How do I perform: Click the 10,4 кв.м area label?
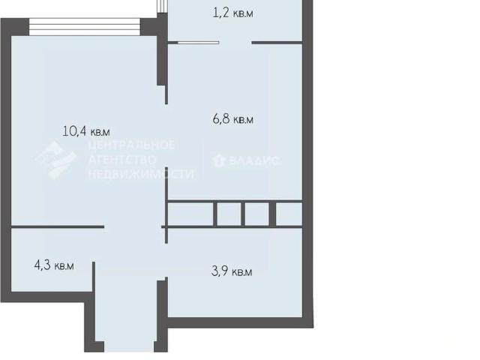point(86,132)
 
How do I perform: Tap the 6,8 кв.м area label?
point(233,119)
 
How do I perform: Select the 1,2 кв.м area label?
point(233,13)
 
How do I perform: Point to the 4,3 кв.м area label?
point(54,265)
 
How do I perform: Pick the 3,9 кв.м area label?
point(232,271)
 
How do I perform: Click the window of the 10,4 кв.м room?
point(85,27)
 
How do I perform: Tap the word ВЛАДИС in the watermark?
point(253,160)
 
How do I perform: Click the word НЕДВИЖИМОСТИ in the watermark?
point(141,174)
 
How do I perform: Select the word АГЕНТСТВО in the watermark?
point(122,160)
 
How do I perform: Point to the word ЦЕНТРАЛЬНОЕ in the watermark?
point(132,145)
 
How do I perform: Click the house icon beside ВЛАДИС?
point(219,160)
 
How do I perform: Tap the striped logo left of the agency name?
point(57,160)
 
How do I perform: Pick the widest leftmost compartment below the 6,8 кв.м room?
point(190,214)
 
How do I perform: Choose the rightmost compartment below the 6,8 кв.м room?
point(289,214)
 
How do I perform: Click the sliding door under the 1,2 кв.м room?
point(198,43)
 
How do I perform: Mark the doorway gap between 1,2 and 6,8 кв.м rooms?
point(235,43)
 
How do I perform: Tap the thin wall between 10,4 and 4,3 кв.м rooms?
point(58,226)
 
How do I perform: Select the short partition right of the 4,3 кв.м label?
point(94,277)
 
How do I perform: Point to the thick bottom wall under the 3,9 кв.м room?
point(235,322)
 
